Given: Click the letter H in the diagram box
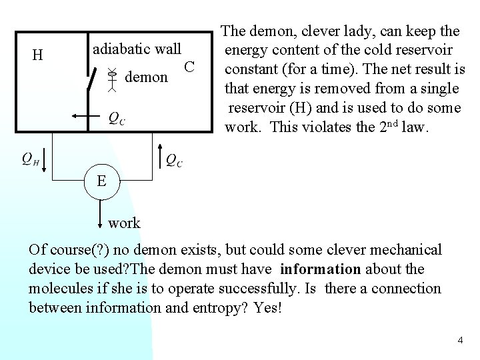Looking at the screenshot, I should pos(38,55).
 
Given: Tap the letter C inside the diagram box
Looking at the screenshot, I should pos(189,67).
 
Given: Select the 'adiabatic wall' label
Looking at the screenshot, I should pos(137,49).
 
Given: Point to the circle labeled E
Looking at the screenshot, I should pos(101,180).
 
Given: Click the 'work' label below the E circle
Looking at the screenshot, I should pos(124,222).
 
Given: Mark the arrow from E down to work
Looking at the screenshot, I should pos(101,211).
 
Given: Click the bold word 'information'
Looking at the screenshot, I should pos(319,269).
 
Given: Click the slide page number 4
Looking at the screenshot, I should pos(460,341).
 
